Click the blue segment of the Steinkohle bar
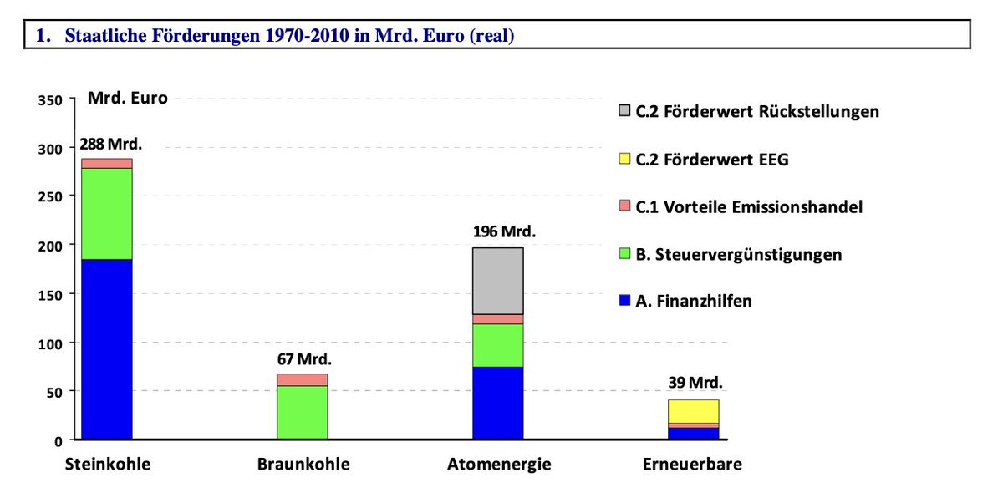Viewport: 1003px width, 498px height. [106, 349]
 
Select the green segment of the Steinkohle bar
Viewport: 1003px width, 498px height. [106, 214]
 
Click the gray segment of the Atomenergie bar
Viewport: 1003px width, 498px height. [497, 281]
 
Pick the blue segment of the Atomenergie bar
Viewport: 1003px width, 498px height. [497, 403]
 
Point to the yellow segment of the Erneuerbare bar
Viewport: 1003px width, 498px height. [693, 411]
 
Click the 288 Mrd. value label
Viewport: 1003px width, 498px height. [111, 143]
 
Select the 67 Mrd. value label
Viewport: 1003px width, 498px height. [304, 359]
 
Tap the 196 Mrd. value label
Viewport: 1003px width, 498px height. [505, 231]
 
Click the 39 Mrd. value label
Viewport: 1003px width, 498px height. [695, 384]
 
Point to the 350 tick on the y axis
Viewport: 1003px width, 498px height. [50, 100]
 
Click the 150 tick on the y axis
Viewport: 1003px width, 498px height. [50, 294]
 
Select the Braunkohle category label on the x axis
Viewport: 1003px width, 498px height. [303, 465]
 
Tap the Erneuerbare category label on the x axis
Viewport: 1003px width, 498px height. [692, 465]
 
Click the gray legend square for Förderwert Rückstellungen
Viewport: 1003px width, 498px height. [624, 111]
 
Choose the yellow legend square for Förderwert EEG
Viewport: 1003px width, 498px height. [624, 159]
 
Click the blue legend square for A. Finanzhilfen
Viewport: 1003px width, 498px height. [624, 301]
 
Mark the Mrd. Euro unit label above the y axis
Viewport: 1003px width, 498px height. [128, 98]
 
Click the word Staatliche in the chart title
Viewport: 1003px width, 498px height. [105, 36]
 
